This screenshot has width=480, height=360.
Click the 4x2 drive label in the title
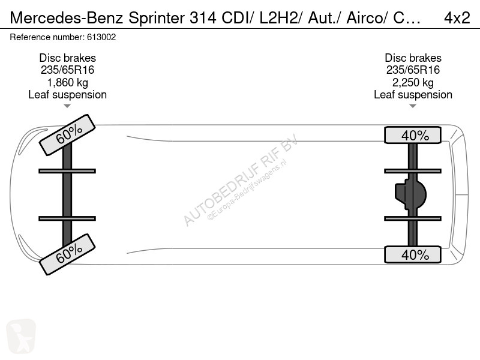coord(457,18)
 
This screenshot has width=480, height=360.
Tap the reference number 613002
coord(101,37)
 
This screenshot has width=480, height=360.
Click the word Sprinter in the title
coord(157,19)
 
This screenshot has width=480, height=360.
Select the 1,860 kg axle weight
coord(67,83)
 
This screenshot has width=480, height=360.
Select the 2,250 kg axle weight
coord(413,83)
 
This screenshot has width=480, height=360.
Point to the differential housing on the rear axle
coord(410,194)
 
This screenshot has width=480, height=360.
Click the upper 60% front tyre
coord(67,134)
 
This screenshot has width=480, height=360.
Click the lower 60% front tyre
coord(67,254)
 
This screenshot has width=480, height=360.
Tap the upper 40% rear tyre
coord(413,135)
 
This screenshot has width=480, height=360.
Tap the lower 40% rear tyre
coord(413,254)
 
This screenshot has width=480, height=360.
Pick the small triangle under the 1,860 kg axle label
coord(67,106)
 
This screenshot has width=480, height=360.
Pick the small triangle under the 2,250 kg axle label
coord(413,106)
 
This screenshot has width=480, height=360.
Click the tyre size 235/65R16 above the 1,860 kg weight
coord(67,70)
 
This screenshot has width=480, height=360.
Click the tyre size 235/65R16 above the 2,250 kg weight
coord(413,70)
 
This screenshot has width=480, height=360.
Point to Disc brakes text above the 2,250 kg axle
coord(413,58)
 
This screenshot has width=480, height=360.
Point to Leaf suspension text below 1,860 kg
coord(67,95)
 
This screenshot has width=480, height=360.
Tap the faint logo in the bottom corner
coord(21,335)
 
